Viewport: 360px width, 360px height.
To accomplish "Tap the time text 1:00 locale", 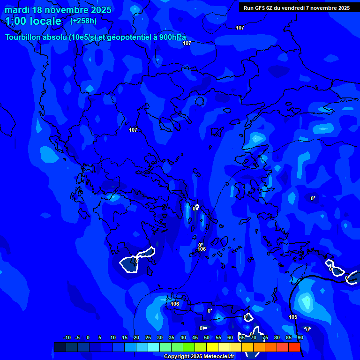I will click(33, 21).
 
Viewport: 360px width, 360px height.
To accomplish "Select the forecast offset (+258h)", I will click(83, 21).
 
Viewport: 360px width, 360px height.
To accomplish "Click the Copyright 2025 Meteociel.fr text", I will click(198, 356).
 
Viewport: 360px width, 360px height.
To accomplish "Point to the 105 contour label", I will click(293, 317).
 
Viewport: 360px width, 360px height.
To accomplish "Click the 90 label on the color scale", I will click(300, 337).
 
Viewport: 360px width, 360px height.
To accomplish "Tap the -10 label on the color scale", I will click(67, 337).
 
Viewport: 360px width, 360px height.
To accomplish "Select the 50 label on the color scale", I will click(207, 337).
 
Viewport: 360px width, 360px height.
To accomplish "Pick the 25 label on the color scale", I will click(148, 337).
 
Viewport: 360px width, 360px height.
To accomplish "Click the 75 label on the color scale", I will click(265, 337).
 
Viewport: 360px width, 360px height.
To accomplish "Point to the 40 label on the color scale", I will click(183, 337).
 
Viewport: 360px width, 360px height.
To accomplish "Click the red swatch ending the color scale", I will click(294, 347).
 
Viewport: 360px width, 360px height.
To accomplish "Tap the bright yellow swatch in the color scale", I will click(212, 347).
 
